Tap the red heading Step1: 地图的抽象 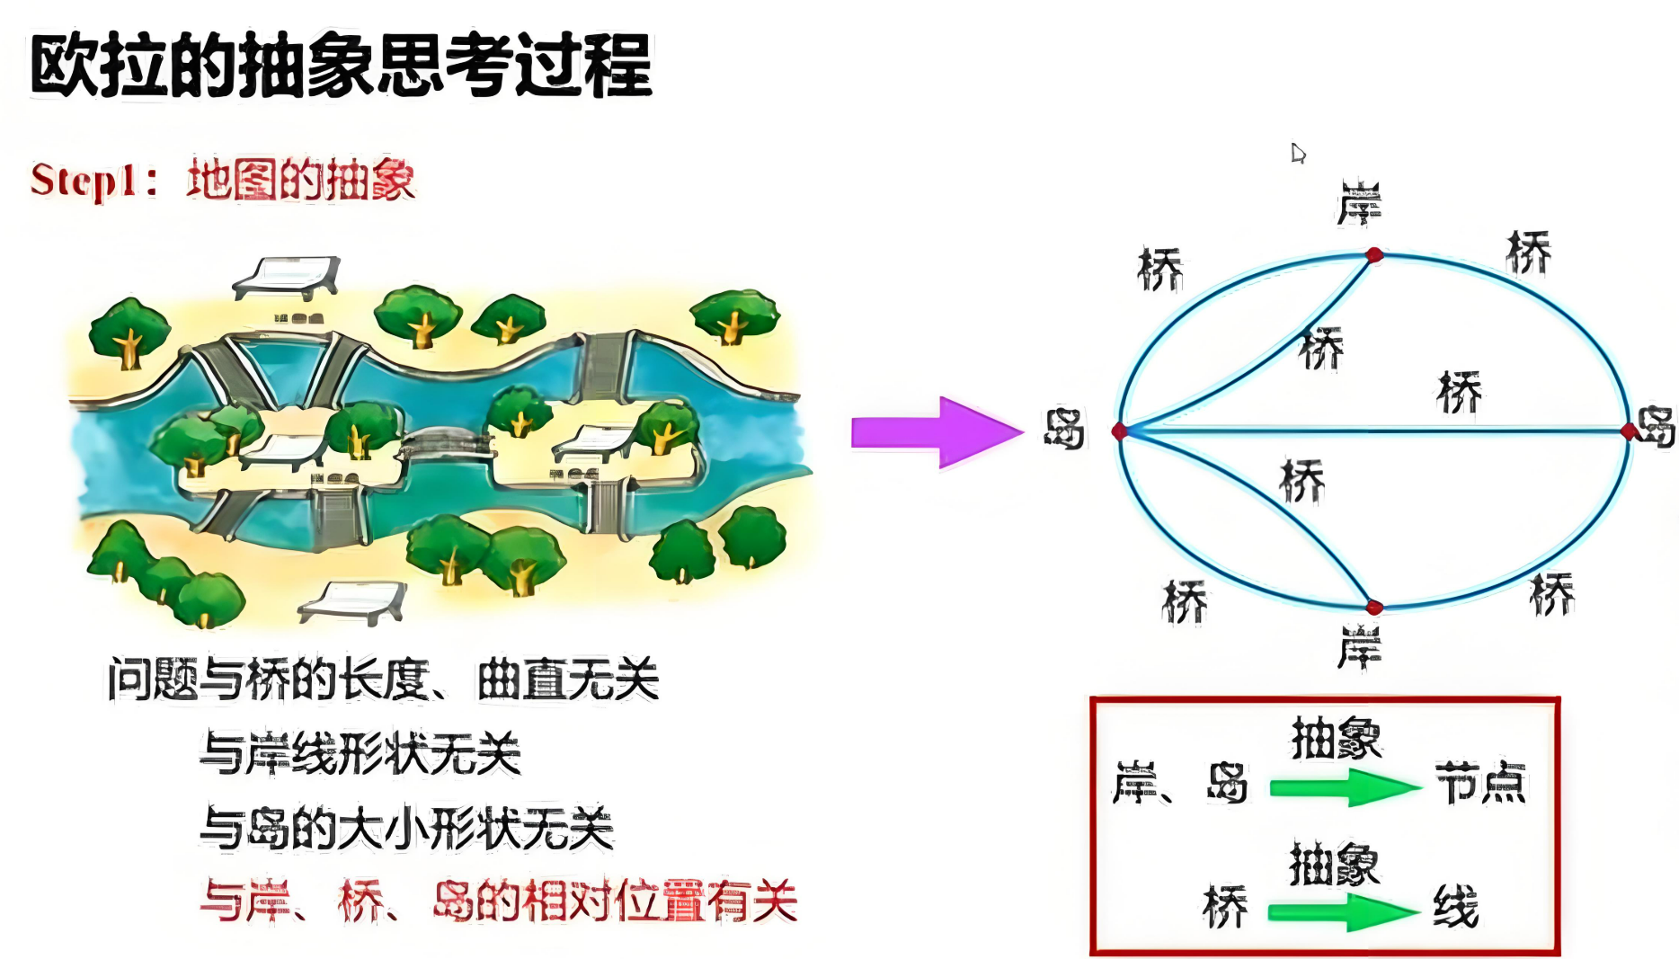[223, 180]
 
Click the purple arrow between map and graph [935, 432]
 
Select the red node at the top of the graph [1374, 255]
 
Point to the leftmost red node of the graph [1120, 431]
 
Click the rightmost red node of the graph [1629, 431]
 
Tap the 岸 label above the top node [1359, 203]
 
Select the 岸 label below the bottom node [1359, 648]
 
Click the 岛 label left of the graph [1064, 429]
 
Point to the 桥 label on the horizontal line [1460, 392]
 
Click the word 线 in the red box [1455, 906]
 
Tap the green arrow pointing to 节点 [1344, 788]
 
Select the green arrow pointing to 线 [1342, 913]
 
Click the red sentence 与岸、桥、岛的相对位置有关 [499, 901]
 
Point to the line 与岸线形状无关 [360, 753]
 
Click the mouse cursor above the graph [1297, 153]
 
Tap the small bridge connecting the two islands [447, 443]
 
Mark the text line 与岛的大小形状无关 [406, 828]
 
